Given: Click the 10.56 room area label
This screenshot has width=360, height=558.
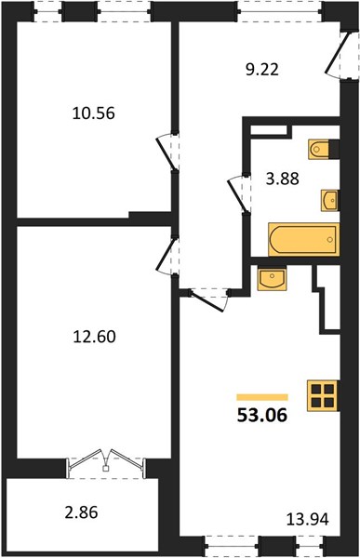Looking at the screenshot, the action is (94, 113).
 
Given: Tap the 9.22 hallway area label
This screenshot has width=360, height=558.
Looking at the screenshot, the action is (262, 70).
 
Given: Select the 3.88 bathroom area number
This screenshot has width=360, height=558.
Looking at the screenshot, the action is (283, 179).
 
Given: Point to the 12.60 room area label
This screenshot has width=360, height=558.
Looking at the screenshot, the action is (94, 337).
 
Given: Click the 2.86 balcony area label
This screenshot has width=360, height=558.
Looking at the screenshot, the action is (81, 512).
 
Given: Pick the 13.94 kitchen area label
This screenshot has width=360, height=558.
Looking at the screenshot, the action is (308, 520).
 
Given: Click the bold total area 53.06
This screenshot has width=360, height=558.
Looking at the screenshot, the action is (262, 415).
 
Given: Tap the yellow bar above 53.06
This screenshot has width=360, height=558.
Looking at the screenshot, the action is (262, 397).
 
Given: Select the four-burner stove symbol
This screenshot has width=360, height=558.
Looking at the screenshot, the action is (323, 396).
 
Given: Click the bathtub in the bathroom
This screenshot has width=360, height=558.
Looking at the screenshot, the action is (304, 240).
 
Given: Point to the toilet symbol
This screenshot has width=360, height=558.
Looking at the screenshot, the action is (324, 149).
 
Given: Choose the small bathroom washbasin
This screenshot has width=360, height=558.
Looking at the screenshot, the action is (329, 201).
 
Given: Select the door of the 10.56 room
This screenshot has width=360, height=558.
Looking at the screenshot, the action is (167, 152).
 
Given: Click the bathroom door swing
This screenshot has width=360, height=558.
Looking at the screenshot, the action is (237, 194).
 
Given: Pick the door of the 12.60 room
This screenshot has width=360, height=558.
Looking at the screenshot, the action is (167, 256).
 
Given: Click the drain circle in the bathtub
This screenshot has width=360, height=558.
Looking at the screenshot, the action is (330, 240).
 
